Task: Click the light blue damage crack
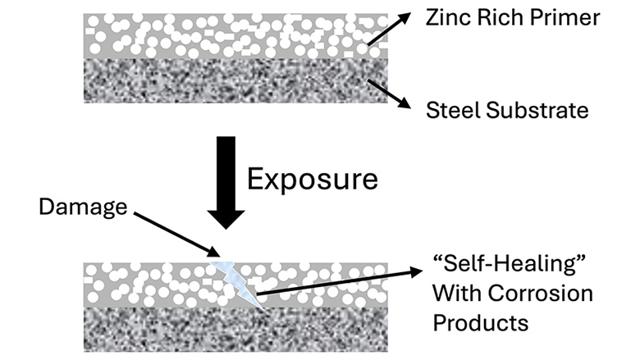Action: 237,278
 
